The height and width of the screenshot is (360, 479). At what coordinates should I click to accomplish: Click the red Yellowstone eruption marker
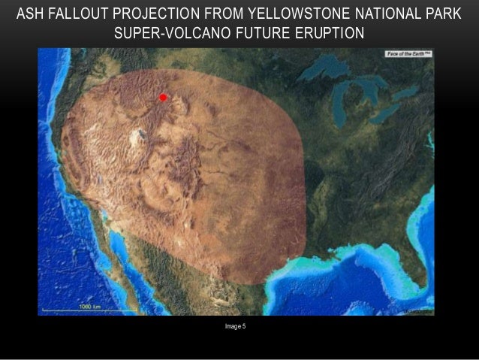[162, 97]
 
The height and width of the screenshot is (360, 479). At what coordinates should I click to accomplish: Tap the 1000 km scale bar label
[90, 307]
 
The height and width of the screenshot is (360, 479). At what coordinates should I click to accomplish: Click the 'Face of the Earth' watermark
[408, 54]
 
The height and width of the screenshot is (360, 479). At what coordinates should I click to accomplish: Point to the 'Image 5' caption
[239, 325]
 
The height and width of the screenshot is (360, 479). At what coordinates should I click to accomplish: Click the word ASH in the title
[32, 14]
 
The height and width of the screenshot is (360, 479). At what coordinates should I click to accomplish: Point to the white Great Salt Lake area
[138, 136]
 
